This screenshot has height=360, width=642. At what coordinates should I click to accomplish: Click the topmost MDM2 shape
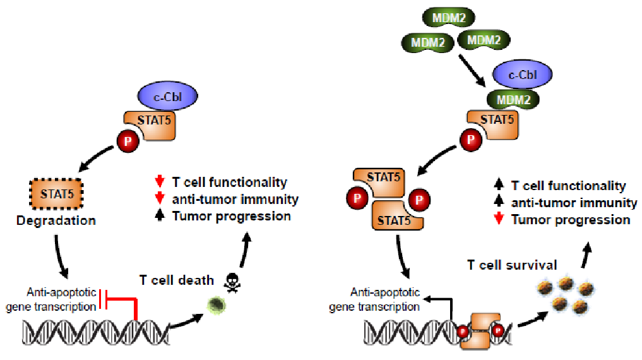point(448,18)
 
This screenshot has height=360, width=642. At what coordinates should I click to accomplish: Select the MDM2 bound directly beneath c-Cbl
point(513,99)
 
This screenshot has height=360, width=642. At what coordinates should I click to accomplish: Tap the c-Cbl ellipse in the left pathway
point(167,96)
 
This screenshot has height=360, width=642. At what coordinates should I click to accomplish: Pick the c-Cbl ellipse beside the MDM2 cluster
point(523,74)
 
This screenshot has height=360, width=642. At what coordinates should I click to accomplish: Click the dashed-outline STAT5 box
point(57,194)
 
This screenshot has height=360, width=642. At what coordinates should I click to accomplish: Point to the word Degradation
point(56,220)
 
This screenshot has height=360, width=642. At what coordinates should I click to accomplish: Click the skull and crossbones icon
point(232,282)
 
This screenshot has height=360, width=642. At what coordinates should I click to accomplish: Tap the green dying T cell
point(216,304)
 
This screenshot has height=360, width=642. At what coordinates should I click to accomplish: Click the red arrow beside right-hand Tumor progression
point(499,219)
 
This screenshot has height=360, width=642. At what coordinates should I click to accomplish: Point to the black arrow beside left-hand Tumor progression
point(160,215)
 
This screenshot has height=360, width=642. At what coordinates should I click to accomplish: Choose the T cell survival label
point(512,265)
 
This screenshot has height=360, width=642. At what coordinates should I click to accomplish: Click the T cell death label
point(177,280)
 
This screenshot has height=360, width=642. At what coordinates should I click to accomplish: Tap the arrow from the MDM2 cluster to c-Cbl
point(472,70)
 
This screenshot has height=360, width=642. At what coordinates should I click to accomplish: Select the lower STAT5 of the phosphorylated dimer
point(397,216)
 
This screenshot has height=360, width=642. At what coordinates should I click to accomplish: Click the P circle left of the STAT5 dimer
point(357,198)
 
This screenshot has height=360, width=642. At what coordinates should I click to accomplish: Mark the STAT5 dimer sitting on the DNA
point(480,330)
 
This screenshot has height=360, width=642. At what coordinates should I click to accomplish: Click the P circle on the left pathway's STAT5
point(128,141)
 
